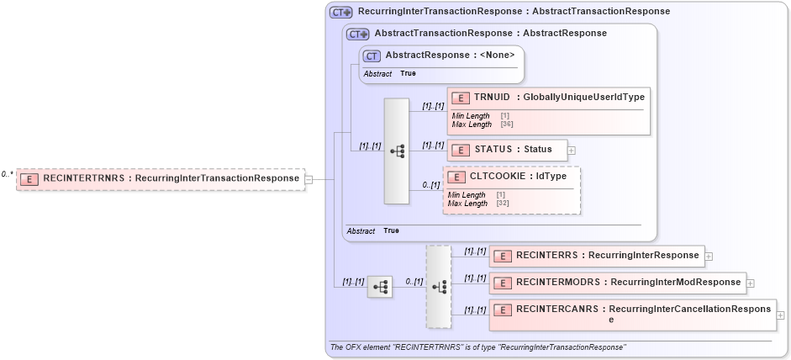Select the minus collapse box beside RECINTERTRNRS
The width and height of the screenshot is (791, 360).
click(309, 178)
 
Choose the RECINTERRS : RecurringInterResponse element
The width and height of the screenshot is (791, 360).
click(596, 256)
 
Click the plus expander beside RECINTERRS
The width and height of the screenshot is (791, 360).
click(709, 256)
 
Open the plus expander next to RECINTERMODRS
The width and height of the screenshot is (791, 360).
click(751, 283)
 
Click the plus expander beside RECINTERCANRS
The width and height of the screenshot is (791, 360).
click(781, 315)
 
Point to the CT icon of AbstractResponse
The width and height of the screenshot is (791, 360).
click(372, 56)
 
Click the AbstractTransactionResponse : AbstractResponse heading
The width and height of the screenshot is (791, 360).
click(490, 34)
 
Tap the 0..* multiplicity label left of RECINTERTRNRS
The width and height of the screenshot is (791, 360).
click(7, 173)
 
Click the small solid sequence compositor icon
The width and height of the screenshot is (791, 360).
click(380, 288)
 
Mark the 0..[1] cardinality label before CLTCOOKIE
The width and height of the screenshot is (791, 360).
click(430, 185)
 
